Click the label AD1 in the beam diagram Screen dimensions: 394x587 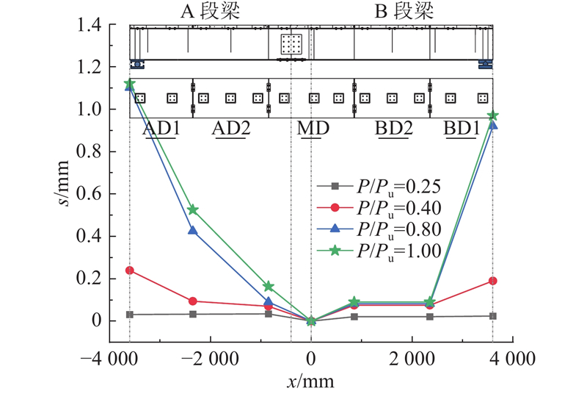[x=161, y=129]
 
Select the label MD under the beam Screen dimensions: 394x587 [x=313, y=129]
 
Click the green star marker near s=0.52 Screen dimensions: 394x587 [x=193, y=209]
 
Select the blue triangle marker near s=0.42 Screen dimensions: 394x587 [x=193, y=231]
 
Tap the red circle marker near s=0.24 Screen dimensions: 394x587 [x=130, y=271]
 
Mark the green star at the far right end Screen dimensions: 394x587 [x=492, y=115]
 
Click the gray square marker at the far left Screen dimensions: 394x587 [x=130, y=315]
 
